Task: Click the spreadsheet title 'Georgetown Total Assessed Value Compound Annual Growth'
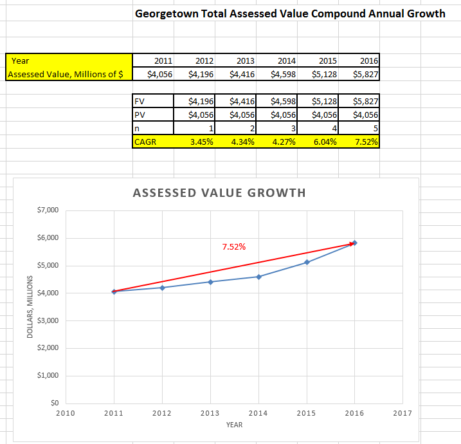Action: point(290,14)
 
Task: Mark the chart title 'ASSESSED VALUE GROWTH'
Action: point(219,192)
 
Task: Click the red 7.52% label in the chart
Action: point(233,246)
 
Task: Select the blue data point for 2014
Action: point(258,277)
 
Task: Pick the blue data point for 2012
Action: point(162,288)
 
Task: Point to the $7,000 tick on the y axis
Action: point(48,210)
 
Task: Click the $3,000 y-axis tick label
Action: point(48,320)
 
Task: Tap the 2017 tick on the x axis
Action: point(402,413)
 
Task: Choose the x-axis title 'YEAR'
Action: point(234,425)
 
